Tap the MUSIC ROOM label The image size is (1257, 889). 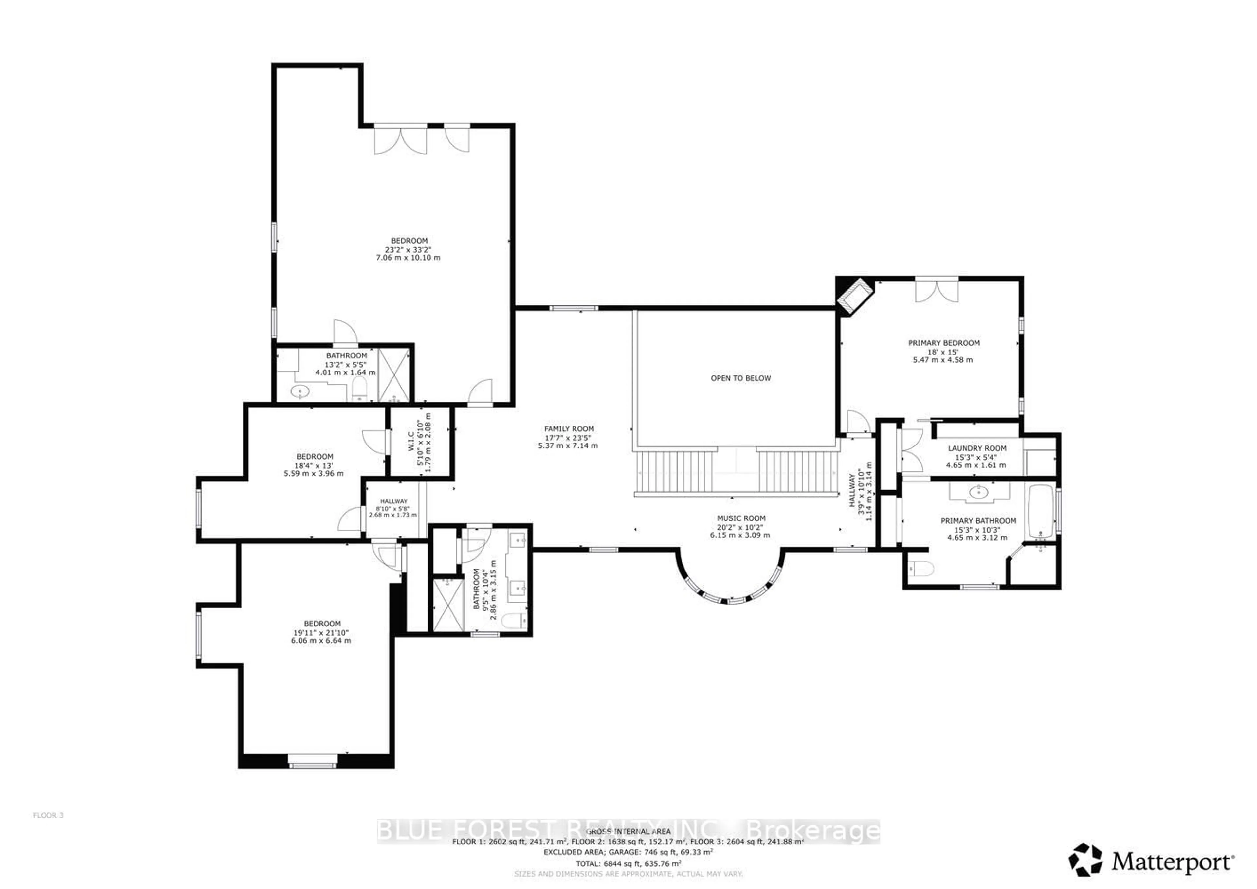(x=741, y=518)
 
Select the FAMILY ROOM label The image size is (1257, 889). (x=569, y=429)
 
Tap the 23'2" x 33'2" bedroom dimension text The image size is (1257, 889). (x=408, y=249)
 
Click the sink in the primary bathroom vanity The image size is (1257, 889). (x=978, y=493)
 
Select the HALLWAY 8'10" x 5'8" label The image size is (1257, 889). (x=394, y=501)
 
